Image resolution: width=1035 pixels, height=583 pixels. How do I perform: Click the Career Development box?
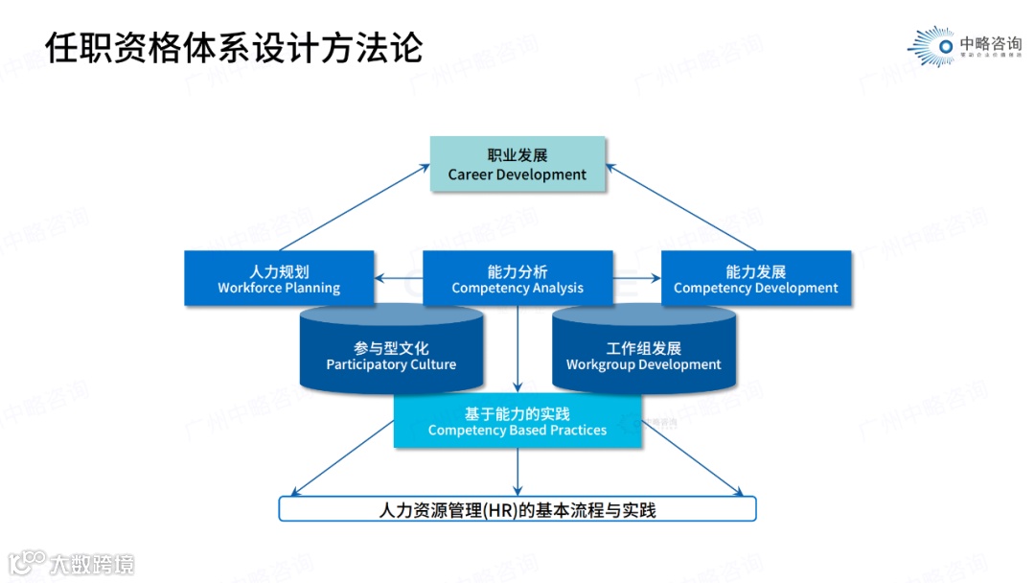pyautogui.click(x=517, y=164)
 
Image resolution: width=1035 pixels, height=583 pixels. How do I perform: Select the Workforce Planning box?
pyautogui.click(x=279, y=279)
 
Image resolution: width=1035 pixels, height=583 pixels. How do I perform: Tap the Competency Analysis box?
pyautogui.click(x=517, y=279)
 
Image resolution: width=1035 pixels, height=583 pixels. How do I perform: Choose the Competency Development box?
pyautogui.click(x=756, y=279)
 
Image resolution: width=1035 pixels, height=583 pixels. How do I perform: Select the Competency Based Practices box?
pyautogui.click(x=517, y=422)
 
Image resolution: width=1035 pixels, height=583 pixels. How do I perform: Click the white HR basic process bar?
pyautogui.click(x=517, y=509)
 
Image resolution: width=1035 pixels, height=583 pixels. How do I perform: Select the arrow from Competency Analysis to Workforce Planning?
pyautogui.click(x=399, y=279)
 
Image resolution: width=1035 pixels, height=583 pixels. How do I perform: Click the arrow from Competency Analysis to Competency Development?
pyautogui.click(x=637, y=279)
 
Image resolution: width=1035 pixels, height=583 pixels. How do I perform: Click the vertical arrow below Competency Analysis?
pyautogui.click(x=517, y=345)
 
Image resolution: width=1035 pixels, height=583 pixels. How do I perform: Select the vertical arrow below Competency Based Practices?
pyautogui.click(x=517, y=470)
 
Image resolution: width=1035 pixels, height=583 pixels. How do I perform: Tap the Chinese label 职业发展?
pyautogui.click(x=517, y=155)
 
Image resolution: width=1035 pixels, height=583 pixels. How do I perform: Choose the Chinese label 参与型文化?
pyautogui.click(x=391, y=348)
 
